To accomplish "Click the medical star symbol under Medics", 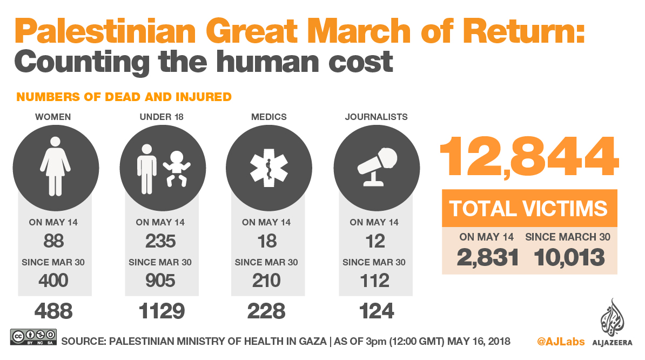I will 268,166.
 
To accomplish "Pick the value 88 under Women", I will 53,241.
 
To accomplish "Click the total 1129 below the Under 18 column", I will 162,311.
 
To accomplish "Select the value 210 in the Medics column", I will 266,281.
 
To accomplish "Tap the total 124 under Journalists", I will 375,311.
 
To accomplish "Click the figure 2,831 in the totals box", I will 488,257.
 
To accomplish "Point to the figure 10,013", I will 569,257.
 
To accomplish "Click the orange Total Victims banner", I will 529,209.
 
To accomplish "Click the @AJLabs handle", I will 560,342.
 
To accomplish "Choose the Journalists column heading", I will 377,117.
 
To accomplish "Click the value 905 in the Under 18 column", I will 160,281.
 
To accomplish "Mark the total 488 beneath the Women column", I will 53,311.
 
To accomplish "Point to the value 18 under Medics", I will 267,241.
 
